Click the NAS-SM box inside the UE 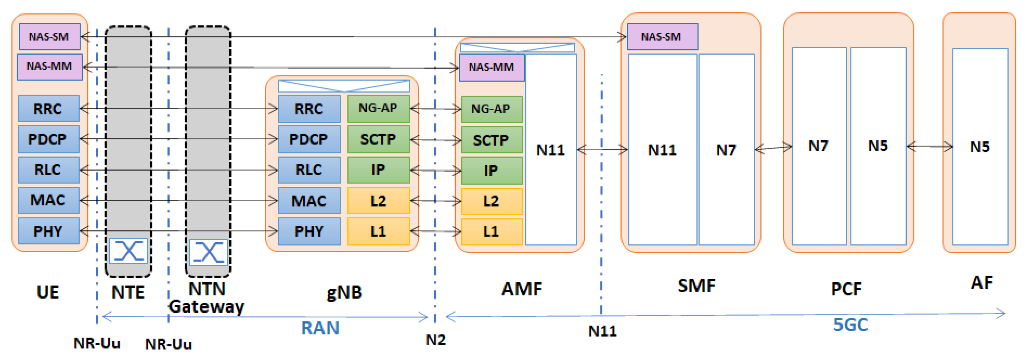pyautogui.click(x=49, y=37)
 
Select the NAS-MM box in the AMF pyautogui.click(x=492, y=67)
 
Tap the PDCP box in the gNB pyautogui.click(x=309, y=139)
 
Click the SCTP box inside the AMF pyautogui.click(x=492, y=140)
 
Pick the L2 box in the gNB pyautogui.click(x=378, y=201)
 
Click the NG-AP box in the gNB pyautogui.click(x=378, y=108)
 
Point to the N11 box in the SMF pyautogui.click(x=662, y=150)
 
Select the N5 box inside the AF pyautogui.click(x=980, y=147)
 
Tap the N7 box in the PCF pyautogui.click(x=819, y=146)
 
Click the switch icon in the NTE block pyautogui.click(x=128, y=251)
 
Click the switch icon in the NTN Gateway pyautogui.click(x=208, y=252)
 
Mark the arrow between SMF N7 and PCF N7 pyautogui.click(x=773, y=148)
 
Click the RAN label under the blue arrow pyautogui.click(x=320, y=328)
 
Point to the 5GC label pyautogui.click(x=851, y=325)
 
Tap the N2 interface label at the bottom pyautogui.click(x=436, y=340)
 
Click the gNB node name pyautogui.click(x=344, y=292)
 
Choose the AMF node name pyautogui.click(x=521, y=289)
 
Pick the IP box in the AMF pyautogui.click(x=492, y=171)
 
